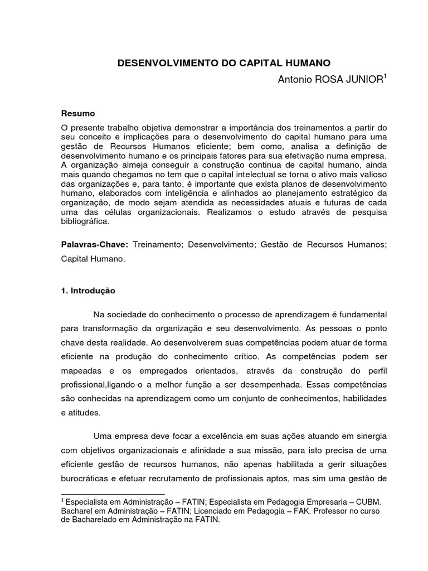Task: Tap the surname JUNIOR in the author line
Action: [364, 80]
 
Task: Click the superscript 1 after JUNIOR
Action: [384, 77]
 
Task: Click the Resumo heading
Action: [78, 113]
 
